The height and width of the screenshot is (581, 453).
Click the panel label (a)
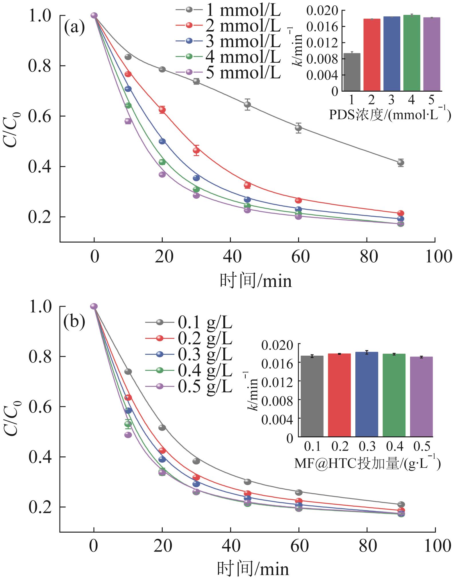[x=74, y=28]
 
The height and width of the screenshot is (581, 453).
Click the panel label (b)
[x=74, y=322]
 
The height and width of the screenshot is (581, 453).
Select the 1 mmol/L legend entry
[x=228, y=9]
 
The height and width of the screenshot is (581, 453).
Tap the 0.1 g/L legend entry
[x=189, y=323]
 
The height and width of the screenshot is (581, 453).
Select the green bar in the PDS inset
[x=411, y=53]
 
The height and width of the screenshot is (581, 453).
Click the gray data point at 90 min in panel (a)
[x=401, y=163]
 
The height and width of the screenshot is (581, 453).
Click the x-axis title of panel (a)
[x=256, y=281]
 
